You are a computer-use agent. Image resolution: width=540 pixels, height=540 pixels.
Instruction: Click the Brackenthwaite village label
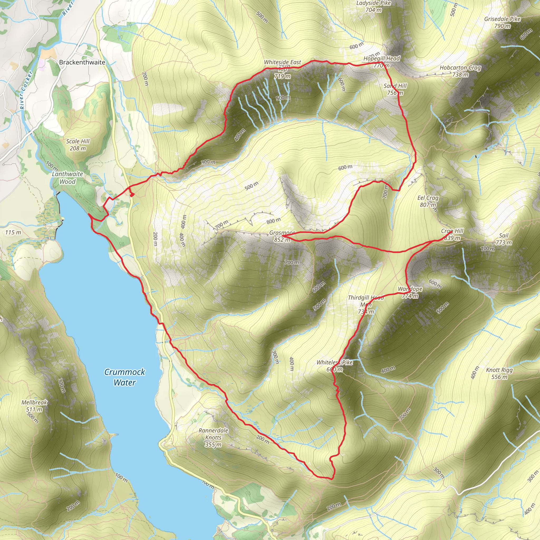pos(82,62)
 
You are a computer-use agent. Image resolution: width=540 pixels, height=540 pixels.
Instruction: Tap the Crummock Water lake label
pos(125,377)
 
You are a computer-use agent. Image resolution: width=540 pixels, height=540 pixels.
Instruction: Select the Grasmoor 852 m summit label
pos(282,236)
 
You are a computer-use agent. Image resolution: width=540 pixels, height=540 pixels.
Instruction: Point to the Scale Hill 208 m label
pos(78,145)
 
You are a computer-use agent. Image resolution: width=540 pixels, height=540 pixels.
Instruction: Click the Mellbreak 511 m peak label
pos(34,406)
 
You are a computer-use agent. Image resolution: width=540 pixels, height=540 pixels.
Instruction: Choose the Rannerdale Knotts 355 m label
pos(213,437)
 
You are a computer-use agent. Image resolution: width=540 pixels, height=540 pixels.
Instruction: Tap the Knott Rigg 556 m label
pos(499,373)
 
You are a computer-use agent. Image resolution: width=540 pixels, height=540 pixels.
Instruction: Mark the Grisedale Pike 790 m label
pos(502,22)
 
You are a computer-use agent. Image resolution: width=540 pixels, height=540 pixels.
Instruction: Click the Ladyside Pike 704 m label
pos(373,6)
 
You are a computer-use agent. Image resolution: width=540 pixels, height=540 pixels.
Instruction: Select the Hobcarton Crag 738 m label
pos(460,71)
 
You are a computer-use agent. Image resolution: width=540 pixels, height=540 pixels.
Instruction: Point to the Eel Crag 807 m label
pos(428,201)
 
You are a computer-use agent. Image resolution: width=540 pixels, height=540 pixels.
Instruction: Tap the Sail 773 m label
pos(504,239)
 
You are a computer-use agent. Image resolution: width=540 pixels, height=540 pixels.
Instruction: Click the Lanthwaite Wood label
pos(68,178)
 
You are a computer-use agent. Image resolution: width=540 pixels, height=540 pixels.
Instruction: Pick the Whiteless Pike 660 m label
pos(335,366)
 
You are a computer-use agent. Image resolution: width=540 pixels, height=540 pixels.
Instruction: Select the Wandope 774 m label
pos(410,292)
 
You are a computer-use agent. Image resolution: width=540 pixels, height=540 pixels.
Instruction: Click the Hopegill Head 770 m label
pos(382,62)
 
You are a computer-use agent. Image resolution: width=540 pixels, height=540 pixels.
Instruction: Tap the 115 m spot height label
pos(13,233)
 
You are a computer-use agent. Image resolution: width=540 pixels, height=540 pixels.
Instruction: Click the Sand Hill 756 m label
pos(395,89)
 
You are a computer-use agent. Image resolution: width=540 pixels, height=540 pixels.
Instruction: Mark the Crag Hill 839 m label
pos(452,234)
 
